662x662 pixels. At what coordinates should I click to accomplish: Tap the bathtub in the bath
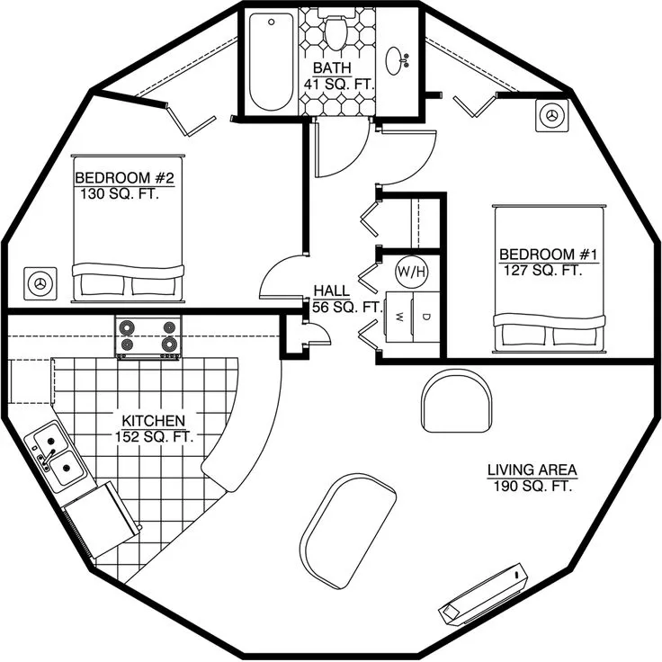271,61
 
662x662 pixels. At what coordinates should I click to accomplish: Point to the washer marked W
399,317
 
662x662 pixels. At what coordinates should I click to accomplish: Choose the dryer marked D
426,317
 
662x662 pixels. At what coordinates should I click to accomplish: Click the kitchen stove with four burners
148,337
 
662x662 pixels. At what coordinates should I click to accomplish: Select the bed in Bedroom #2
129,228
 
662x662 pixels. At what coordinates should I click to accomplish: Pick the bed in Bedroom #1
550,279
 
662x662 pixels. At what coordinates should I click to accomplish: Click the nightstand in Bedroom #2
40,283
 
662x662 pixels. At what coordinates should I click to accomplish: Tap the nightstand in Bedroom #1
551,115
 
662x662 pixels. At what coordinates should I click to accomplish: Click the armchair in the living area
456,400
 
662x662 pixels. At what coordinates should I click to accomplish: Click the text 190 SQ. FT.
532,487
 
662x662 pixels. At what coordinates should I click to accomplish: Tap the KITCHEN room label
153,421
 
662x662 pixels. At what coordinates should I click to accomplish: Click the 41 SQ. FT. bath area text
339,84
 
